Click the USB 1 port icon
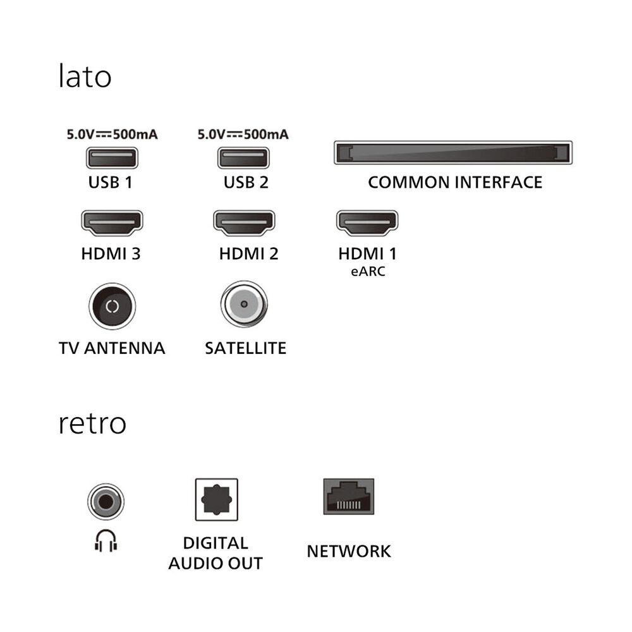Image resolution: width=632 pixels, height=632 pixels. pos(112,157)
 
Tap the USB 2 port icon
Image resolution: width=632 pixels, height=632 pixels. pos(243,157)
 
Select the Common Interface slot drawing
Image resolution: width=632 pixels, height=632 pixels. pos(453,153)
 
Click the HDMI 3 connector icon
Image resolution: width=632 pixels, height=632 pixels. pos(112,223)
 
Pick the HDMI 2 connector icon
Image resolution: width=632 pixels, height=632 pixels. pos(244,223)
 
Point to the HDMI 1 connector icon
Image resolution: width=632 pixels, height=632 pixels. pos(367,223)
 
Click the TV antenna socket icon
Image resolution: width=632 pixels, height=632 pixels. pos(112,307)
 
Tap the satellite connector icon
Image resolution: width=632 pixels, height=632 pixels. pos(244,303)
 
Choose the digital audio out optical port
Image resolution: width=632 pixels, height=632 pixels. pos(216,499)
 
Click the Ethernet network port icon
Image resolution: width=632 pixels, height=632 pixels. pos(348,497)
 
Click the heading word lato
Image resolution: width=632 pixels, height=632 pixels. pos(85,77)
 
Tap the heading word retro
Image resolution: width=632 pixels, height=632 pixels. pos(92,423)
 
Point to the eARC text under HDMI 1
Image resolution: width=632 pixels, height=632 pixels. pos(367,272)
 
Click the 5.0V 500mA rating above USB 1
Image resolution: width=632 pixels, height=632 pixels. pos(112,135)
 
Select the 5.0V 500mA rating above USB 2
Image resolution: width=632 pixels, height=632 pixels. pos(243,135)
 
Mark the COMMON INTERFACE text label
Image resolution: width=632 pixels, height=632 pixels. pos(455,183)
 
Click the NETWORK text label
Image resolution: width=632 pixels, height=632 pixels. pos(349,551)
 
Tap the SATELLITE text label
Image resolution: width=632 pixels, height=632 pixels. pos(245,348)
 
